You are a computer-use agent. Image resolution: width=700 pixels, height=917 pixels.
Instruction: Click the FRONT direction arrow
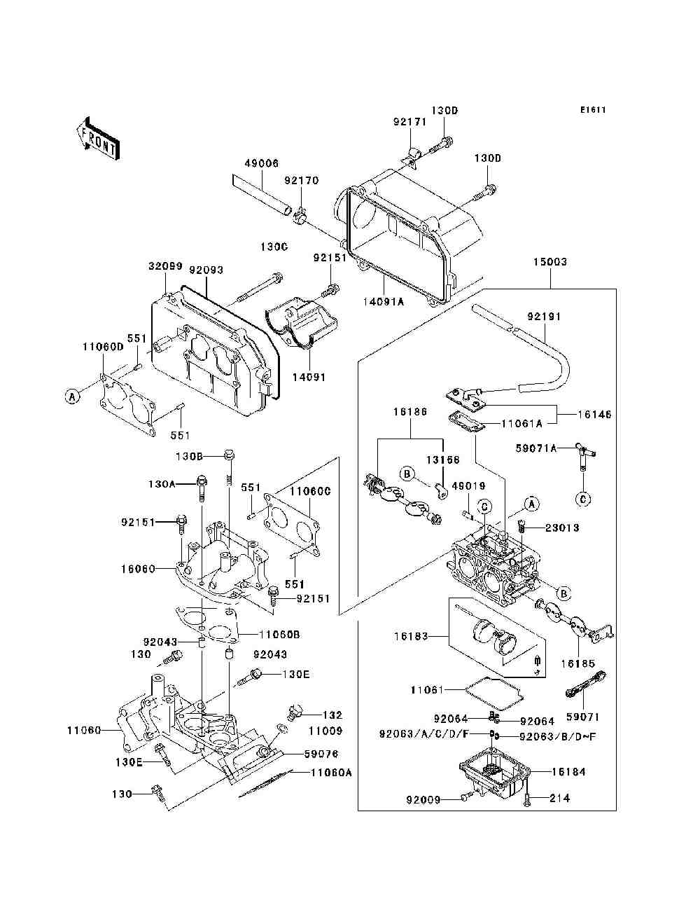pos(98,138)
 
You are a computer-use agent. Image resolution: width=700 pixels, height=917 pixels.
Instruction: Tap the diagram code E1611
pos(593,110)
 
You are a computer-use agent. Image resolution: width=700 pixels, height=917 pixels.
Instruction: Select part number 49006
pos(261,163)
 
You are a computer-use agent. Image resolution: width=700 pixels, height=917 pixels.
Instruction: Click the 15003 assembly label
pos(550,262)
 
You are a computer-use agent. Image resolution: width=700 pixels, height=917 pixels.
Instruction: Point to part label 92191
pos(544,316)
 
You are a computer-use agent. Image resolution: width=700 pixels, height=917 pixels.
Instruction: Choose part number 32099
pos(165,266)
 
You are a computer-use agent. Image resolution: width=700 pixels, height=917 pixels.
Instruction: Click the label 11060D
pos(103,347)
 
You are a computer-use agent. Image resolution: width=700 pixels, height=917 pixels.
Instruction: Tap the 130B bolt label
pos(189,456)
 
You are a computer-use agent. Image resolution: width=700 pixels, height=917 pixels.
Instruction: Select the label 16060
pos(138,569)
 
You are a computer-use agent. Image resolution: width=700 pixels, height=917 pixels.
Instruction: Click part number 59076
pos(321,754)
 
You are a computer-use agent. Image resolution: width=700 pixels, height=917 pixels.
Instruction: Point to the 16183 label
pos(411,636)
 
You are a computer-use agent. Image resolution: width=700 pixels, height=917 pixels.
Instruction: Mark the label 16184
pos(568,771)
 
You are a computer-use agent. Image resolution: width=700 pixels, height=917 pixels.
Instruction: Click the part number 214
pos(559,799)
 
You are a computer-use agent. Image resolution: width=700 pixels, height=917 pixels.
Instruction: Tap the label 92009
pos(423,800)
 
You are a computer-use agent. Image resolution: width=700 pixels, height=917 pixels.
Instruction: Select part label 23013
pos(562,528)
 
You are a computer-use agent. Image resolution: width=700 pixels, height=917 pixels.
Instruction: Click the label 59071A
pos(536,448)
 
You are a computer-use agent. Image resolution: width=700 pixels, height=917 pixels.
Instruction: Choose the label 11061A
pos(521,424)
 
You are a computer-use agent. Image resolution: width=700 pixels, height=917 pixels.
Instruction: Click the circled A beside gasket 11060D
pos(72,396)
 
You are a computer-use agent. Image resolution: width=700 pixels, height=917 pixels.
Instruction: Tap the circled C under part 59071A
pos(583,499)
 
